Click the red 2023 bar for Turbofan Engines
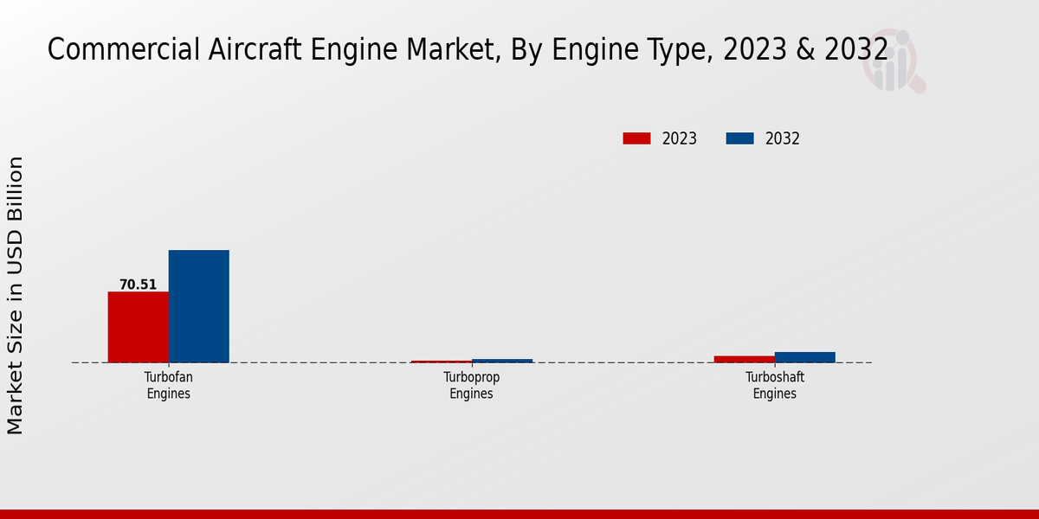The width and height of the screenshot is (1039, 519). (138, 327)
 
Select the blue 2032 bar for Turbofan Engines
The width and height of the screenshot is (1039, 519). (198, 306)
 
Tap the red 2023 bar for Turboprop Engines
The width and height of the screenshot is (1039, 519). (441, 362)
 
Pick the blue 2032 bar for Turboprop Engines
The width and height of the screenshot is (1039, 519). (502, 361)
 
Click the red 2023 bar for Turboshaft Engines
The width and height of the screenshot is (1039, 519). (744, 359)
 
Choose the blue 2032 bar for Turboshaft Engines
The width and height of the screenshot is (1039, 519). (804, 357)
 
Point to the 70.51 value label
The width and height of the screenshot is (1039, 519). (138, 285)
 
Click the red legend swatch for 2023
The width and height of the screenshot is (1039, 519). (636, 138)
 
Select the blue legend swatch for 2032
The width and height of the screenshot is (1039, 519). (739, 138)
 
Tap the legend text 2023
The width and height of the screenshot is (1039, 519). (680, 138)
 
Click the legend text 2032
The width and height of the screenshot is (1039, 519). (783, 138)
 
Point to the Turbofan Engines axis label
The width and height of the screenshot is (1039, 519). (168, 386)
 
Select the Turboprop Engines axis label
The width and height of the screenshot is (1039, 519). (471, 386)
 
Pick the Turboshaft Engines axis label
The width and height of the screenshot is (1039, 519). (774, 386)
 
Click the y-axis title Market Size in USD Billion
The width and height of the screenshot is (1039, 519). (16, 295)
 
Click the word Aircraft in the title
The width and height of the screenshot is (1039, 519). (241, 50)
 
